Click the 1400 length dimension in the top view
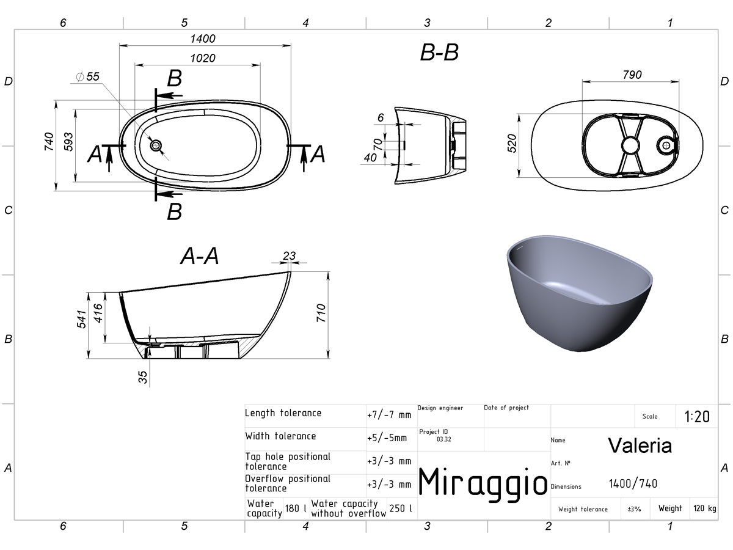(203, 38)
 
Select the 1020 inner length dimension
(203, 59)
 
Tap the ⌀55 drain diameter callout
(88, 76)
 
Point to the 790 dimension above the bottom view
(632, 75)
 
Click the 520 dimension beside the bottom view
(512, 143)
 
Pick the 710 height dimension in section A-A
(321, 313)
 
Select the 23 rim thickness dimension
(289, 256)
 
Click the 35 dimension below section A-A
(142, 377)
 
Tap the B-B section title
(439, 53)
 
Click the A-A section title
(200, 256)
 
